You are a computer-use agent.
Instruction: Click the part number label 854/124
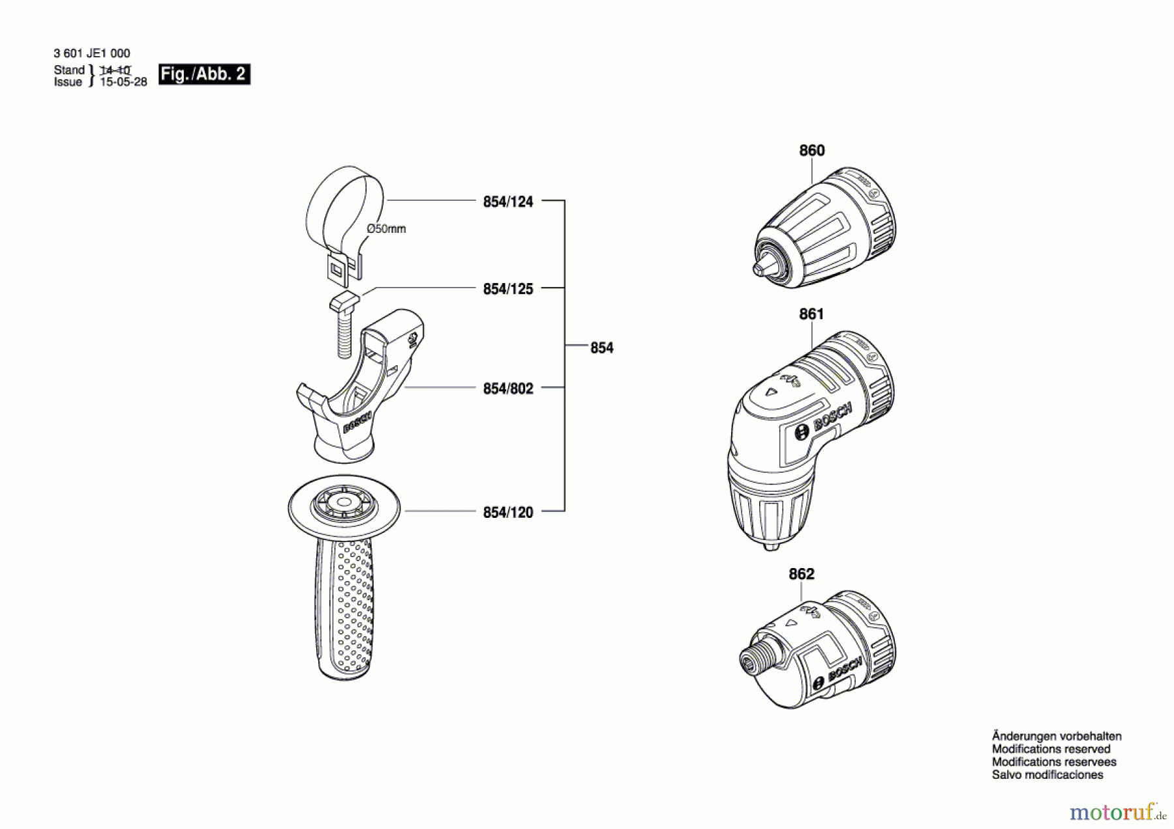pos(507,202)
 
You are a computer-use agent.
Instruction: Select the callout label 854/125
pos(507,289)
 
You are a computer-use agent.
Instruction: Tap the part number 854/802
pos(507,389)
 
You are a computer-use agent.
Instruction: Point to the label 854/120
pos(507,513)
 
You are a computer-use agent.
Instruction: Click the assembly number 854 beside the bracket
pos(601,348)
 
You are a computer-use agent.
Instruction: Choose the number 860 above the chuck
pos(811,151)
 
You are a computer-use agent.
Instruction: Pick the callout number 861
pos(811,314)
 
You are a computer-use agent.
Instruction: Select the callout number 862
pos(801,574)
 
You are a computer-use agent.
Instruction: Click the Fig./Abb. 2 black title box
pos(204,74)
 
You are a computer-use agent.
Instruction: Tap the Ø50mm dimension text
pos(386,229)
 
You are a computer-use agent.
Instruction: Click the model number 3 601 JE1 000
pos(92,53)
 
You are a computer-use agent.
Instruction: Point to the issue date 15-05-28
pos(123,82)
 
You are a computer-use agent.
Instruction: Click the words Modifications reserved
pos(1051,749)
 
